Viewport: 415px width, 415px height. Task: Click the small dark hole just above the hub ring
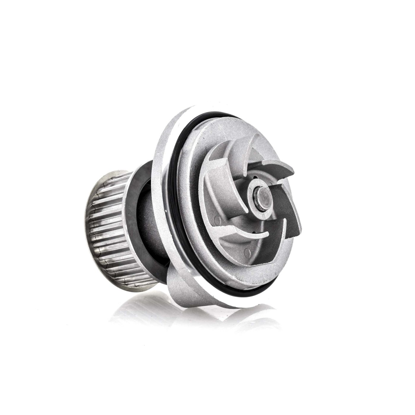point(254,181)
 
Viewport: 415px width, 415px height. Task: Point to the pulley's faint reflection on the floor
point(137,307)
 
